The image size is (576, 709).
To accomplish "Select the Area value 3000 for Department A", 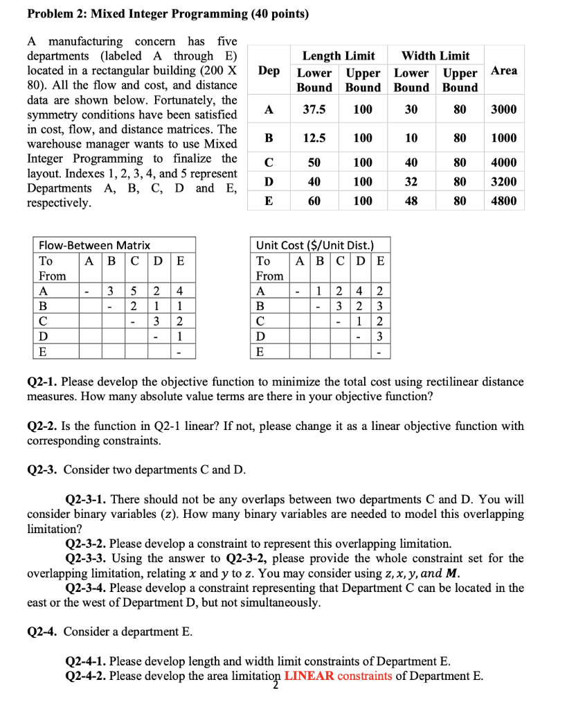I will [x=503, y=110].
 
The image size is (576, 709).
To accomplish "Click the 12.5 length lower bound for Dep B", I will [x=314, y=138].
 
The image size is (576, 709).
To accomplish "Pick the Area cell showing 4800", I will [x=503, y=201].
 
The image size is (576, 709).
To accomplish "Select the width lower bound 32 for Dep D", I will [x=411, y=182].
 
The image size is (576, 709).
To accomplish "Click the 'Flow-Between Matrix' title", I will [x=95, y=245].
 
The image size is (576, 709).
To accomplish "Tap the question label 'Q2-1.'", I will [x=42, y=382].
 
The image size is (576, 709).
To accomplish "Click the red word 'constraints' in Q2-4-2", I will [x=365, y=676].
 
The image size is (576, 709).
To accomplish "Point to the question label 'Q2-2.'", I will [x=42, y=426].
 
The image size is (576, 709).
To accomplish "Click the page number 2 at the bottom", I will [x=276, y=686].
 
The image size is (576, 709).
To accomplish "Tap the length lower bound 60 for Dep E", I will [x=314, y=201].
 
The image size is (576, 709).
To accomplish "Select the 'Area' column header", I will [x=503, y=71].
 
